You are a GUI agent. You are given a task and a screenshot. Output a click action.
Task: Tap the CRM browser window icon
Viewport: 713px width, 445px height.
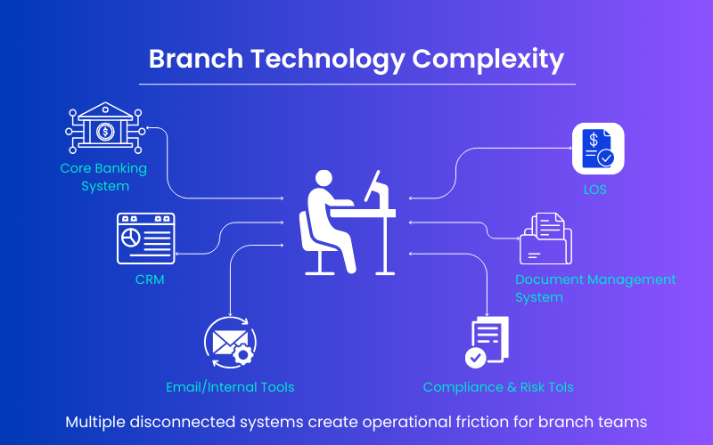point(145,238)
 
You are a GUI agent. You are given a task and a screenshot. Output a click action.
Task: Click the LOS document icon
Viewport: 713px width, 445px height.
point(597,149)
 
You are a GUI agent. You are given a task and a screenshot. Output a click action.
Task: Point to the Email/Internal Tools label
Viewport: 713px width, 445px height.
point(230,387)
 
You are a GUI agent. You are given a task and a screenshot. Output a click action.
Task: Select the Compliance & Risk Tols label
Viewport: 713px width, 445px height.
point(498,387)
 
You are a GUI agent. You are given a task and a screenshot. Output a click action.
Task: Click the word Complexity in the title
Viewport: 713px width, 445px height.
point(488,60)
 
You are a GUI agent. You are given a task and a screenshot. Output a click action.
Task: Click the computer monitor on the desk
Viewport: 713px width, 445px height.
point(377,190)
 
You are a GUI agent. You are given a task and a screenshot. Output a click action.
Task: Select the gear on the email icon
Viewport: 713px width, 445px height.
point(242,354)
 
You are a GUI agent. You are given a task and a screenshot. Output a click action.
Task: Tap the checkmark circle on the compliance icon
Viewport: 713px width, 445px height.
point(476,357)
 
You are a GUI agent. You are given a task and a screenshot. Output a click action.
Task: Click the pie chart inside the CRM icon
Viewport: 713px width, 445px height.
point(130,239)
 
